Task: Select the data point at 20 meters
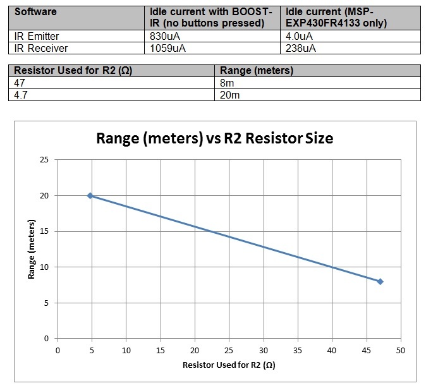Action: coord(90,196)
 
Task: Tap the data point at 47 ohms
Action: coord(380,281)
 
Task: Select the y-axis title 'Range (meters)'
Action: coord(32,250)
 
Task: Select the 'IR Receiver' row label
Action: coord(38,47)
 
